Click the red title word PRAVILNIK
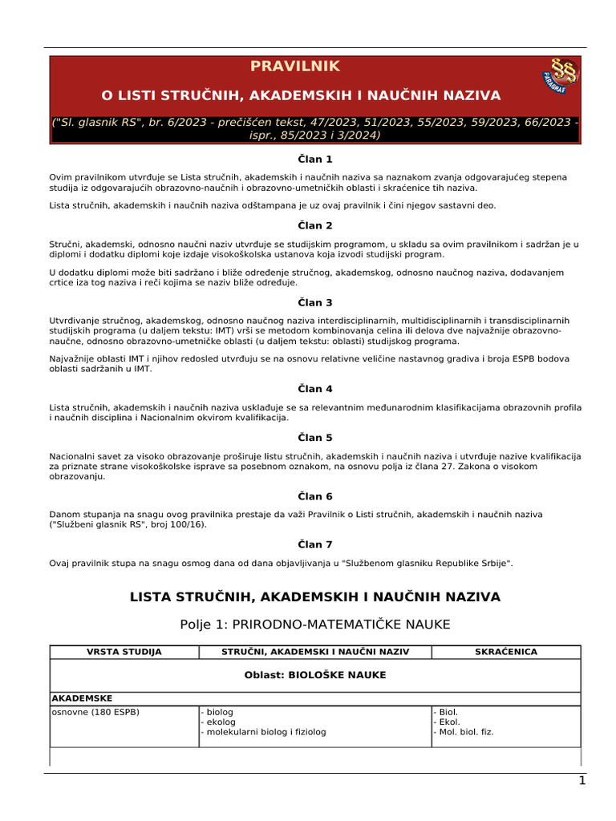[x=295, y=67]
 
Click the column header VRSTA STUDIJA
[x=124, y=652]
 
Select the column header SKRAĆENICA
[x=506, y=652]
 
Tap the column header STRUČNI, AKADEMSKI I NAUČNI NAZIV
[x=315, y=652]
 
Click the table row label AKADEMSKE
[x=81, y=698]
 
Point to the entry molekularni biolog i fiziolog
[x=265, y=732]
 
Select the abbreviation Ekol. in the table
[x=448, y=722]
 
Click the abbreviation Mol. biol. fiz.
[x=463, y=732]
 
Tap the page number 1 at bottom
[x=582, y=781]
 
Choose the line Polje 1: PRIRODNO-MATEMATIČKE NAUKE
[x=315, y=624]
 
